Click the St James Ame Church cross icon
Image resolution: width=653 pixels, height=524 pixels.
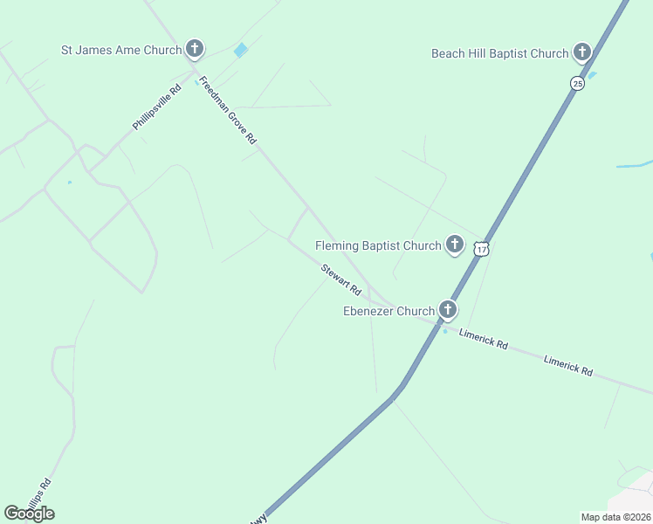tap(195, 49)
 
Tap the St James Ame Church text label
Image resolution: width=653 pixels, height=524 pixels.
tap(121, 50)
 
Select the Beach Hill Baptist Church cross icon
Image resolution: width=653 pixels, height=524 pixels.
tap(582, 52)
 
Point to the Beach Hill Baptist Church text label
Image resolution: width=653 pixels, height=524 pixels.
tap(499, 53)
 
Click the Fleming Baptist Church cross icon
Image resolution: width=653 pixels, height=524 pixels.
tap(455, 245)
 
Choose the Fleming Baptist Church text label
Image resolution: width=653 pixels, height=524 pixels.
tap(378, 245)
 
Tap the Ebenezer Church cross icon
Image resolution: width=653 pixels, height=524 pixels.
tap(448, 309)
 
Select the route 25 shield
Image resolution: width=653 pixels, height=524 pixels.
tap(577, 83)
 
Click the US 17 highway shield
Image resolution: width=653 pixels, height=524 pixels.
tap(482, 249)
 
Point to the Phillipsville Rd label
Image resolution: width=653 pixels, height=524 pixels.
tap(157, 107)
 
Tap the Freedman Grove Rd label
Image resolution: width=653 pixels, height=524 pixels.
tap(228, 111)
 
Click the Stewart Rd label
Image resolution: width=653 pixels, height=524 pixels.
tap(340, 279)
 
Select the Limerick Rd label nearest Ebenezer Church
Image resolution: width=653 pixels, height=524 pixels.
tap(484, 339)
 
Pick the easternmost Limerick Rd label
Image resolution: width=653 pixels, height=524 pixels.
tap(567, 365)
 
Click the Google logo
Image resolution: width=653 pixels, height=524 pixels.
tap(29, 513)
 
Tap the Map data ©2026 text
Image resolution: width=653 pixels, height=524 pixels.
tap(615, 516)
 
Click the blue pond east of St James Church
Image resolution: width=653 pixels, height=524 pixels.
tap(241, 51)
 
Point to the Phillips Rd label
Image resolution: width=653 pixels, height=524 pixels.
tap(39, 494)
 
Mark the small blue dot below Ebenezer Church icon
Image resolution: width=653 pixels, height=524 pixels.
tap(445, 330)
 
